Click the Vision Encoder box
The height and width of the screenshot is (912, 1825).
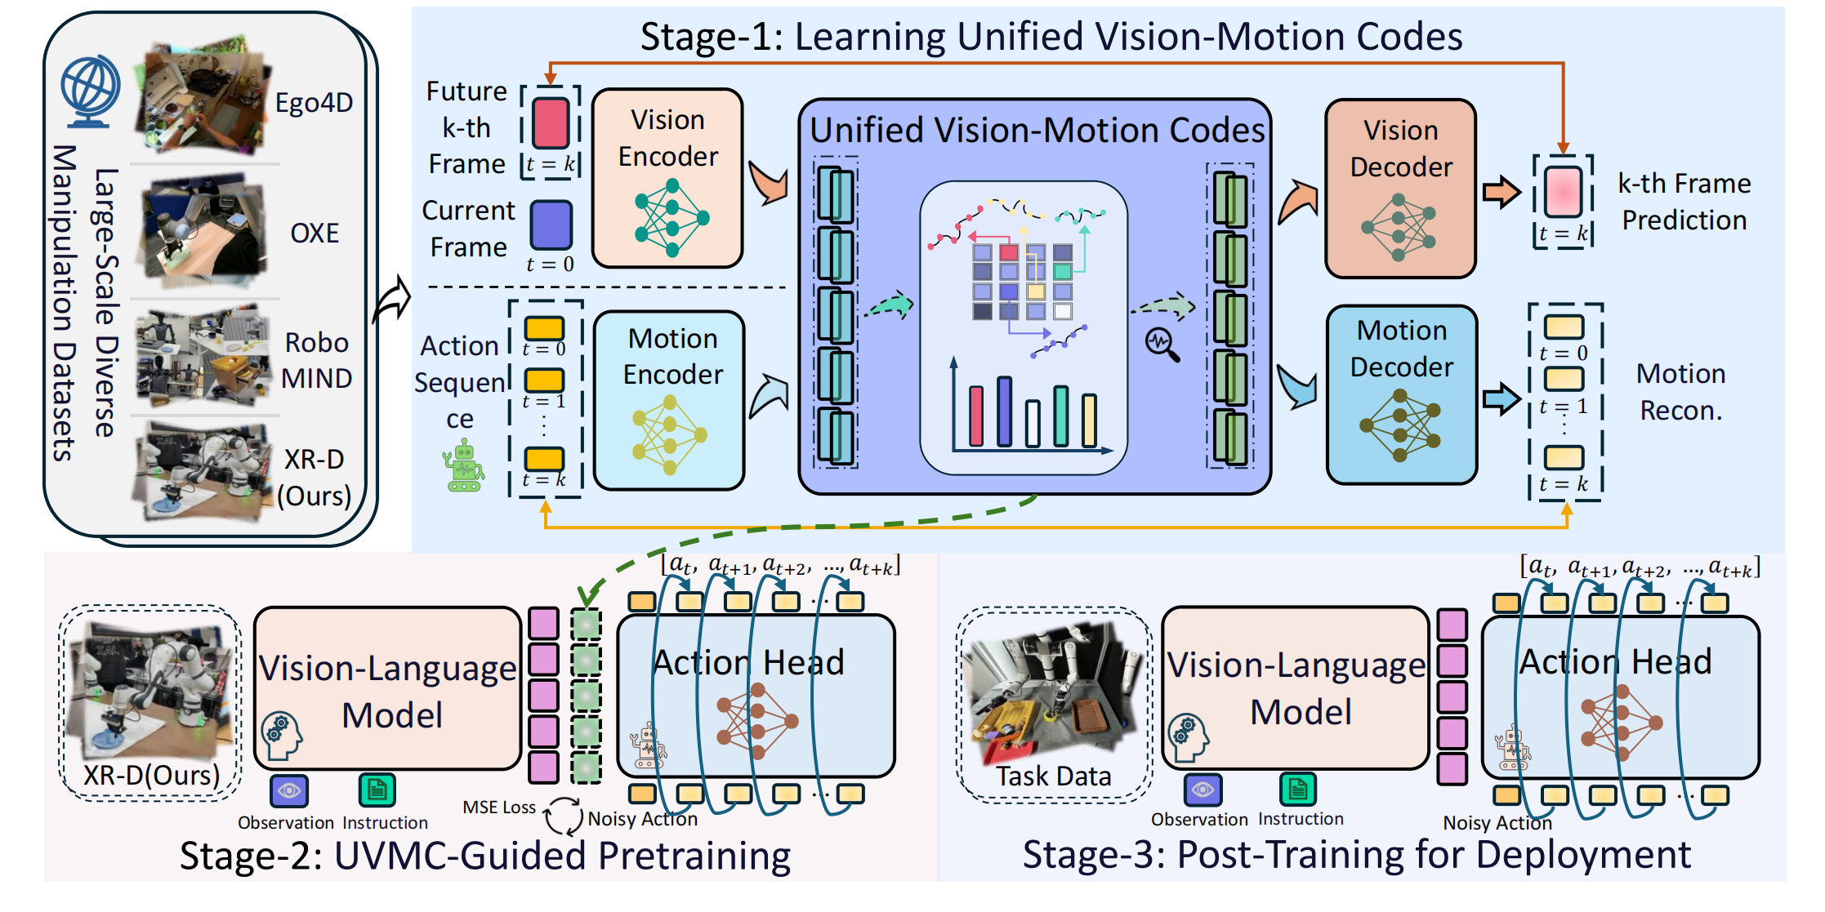[x=667, y=178]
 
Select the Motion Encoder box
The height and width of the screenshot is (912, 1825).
[x=669, y=400]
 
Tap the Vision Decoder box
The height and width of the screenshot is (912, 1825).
[x=1400, y=189]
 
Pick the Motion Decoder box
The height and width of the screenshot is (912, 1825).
[x=1401, y=395]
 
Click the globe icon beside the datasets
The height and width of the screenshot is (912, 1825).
[x=90, y=91]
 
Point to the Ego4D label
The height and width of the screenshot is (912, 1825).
[x=314, y=103]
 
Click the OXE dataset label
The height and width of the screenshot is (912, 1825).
[x=315, y=234]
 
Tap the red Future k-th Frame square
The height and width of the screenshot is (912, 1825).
[x=551, y=122]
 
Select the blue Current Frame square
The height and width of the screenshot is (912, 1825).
[x=551, y=225]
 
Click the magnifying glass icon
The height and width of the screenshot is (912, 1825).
[x=1162, y=344]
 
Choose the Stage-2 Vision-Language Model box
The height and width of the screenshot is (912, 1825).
[x=388, y=688]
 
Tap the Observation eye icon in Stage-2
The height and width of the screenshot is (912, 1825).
[x=289, y=790]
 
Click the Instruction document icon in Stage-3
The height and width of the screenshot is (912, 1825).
[x=1298, y=789]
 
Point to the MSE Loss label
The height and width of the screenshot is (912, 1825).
[x=499, y=807]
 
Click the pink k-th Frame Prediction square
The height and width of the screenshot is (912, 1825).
[x=1563, y=192]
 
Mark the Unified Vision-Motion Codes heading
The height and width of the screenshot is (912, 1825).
[x=1037, y=131]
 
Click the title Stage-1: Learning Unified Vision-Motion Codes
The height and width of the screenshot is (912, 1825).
[x=1051, y=37]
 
